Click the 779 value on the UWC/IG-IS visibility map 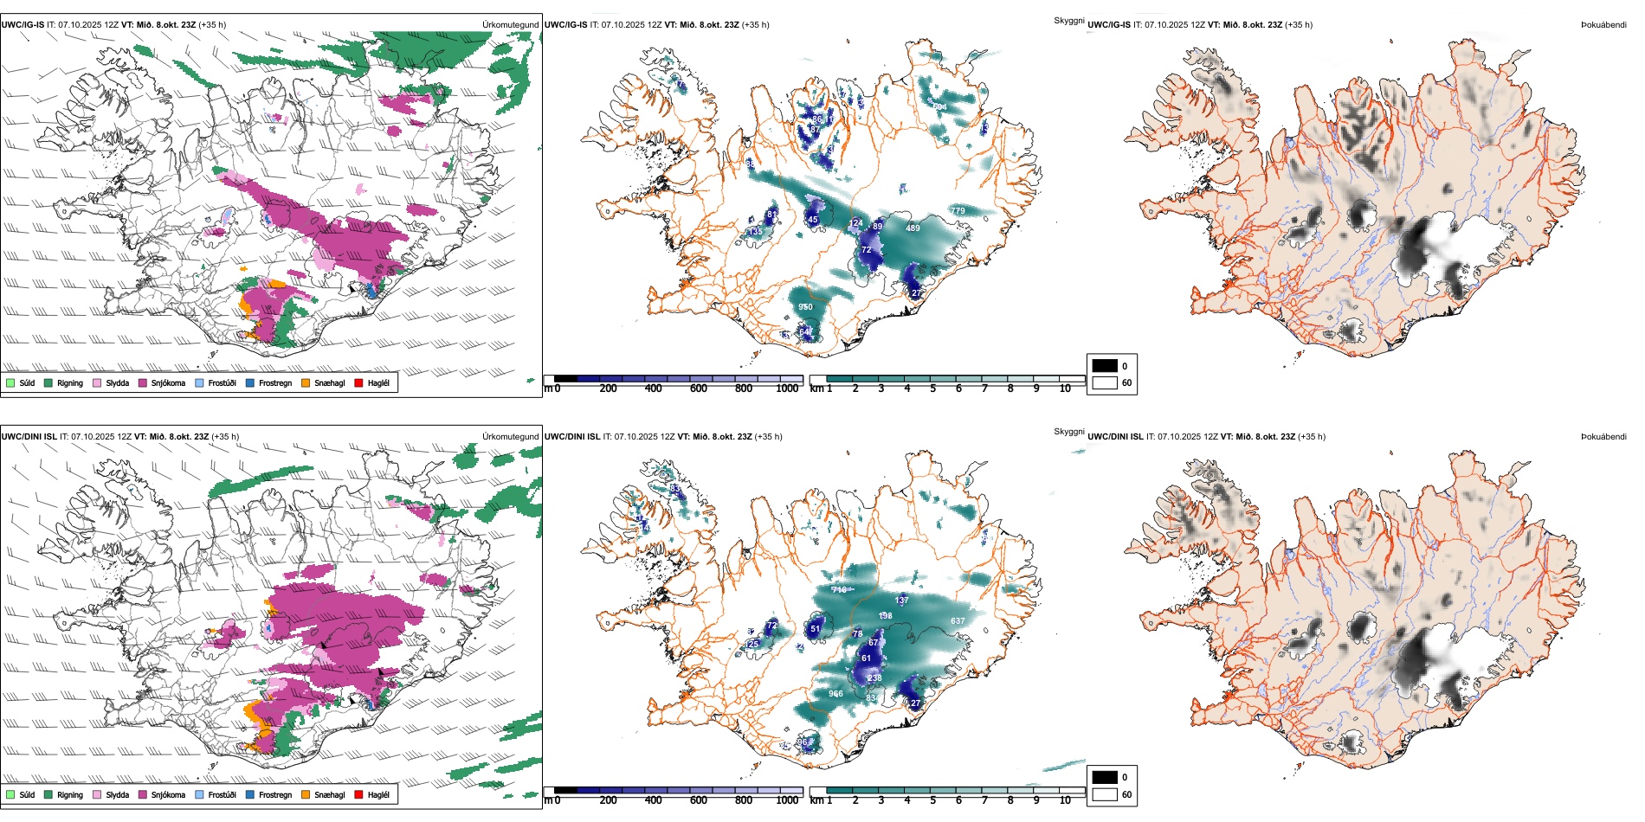coord(958,211)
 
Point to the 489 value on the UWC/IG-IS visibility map coord(913,228)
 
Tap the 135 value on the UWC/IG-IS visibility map coord(756,232)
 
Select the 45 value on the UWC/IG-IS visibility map coord(813,220)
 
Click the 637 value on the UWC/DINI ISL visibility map coord(958,621)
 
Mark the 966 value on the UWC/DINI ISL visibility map coord(835,694)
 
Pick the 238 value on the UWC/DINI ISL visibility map coord(875,678)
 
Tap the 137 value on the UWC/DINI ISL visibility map coord(902,600)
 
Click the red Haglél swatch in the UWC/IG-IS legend coord(359,382)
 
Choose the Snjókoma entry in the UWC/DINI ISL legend coord(168,794)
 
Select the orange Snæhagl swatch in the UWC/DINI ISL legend coord(306,794)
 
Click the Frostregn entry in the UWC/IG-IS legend coord(274,382)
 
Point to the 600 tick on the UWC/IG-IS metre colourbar coord(699,389)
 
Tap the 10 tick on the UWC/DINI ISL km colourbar coord(1065,800)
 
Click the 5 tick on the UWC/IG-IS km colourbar coord(932,389)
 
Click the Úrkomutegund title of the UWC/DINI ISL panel coord(510,436)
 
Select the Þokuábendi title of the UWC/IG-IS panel coord(1603,25)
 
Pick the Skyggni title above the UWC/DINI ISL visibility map coord(1068,431)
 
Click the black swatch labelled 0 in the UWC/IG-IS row coord(1105,366)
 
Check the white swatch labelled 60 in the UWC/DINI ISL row coord(1105,794)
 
